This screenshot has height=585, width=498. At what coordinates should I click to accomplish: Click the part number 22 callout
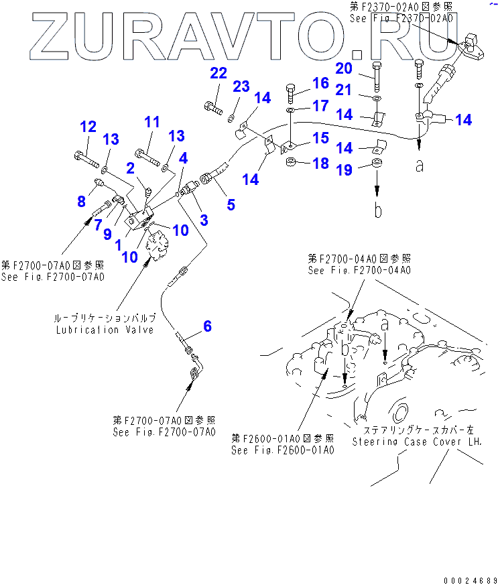coord(219,73)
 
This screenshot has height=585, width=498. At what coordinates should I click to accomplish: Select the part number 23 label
coord(241,86)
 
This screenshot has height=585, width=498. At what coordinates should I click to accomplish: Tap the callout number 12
coord(88,127)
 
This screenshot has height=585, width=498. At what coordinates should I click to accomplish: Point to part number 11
coord(152,122)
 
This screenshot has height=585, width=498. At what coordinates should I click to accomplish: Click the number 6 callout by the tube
coord(208,326)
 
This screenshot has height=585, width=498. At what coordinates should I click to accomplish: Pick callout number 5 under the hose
coord(231,204)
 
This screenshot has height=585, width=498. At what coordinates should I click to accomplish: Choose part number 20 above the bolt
coord(344,68)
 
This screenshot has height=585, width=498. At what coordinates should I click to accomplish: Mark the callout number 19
coord(344,171)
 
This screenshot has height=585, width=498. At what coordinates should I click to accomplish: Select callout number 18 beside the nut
coord(320,164)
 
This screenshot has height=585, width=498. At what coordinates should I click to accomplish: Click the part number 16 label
coord(320,83)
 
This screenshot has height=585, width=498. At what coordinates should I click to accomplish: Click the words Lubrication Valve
coord(106,330)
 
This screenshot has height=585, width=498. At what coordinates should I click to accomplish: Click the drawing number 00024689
coord(469,580)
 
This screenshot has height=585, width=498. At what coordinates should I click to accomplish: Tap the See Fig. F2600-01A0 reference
coord(282,450)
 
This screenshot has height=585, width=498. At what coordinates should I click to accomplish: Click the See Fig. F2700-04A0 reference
coord(359,270)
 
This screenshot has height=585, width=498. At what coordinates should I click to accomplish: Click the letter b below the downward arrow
coord(378,212)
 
